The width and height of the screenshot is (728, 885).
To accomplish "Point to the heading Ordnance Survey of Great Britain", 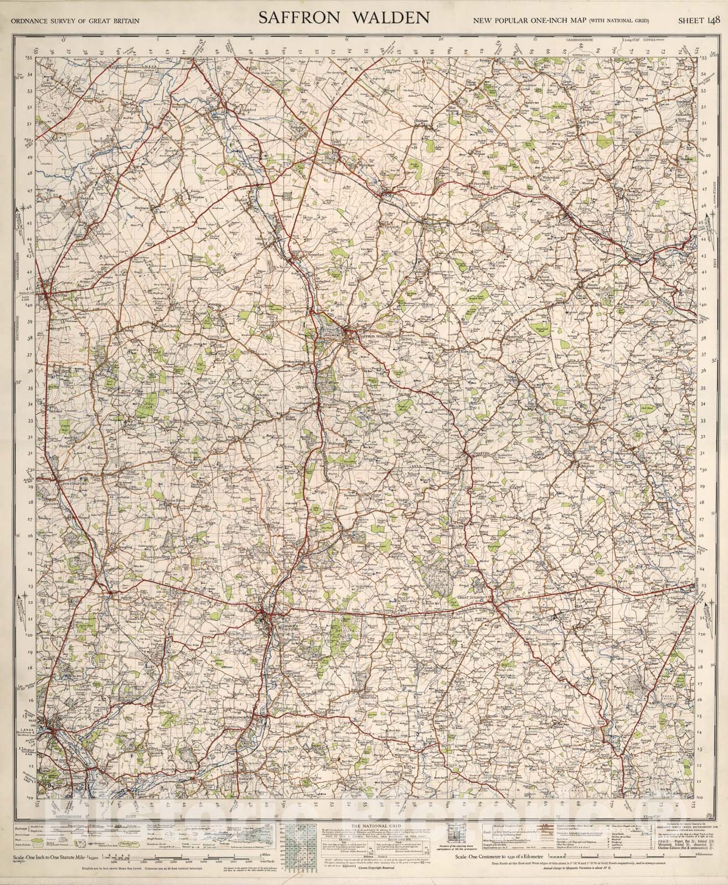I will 70,22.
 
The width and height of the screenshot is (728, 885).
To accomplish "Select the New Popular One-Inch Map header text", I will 561,22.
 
